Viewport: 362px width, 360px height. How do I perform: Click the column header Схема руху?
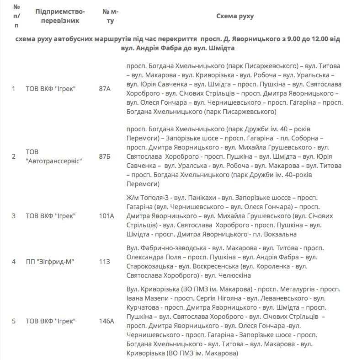(x=235, y=16)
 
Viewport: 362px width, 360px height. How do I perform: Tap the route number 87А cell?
(x=105, y=89)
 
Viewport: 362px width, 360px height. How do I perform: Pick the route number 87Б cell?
(x=105, y=156)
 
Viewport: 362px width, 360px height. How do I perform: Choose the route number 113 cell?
(x=104, y=262)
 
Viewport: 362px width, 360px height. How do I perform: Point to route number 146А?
(x=106, y=321)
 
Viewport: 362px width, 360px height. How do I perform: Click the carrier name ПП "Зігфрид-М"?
(x=49, y=262)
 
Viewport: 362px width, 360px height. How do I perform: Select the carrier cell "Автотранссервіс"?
(x=54, y=161)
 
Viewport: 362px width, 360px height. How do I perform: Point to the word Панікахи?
(x=199, y=198)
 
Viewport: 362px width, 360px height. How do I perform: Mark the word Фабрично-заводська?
(x=171, y=248)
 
